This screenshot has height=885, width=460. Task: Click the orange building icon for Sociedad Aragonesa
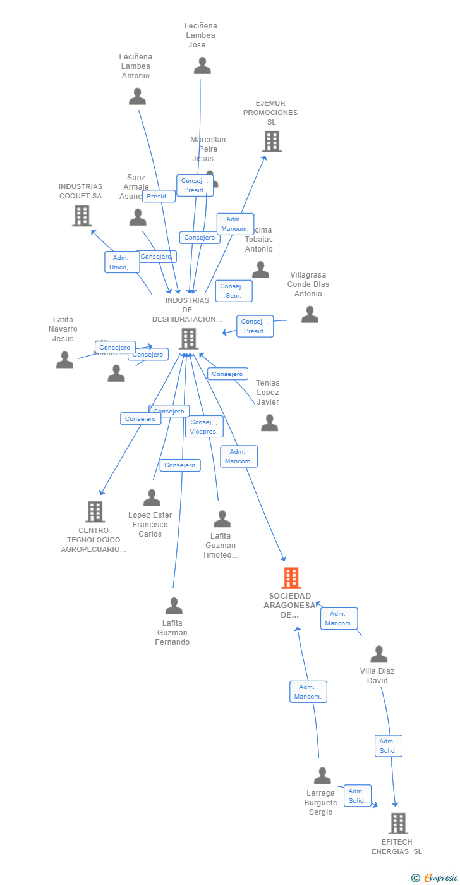[291, 578]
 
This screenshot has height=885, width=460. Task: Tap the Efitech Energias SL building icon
[397, 823]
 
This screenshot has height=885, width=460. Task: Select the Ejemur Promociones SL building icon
[272, 142]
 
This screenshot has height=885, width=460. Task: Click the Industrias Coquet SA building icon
[82, 216]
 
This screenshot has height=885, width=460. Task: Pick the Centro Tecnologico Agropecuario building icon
[95, 511]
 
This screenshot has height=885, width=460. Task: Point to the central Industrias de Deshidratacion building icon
[188, 339]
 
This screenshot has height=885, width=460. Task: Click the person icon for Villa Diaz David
[378, 654]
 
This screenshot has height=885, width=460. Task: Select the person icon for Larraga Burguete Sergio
[322, 776]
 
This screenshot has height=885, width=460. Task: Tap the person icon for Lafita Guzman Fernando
[174, 606]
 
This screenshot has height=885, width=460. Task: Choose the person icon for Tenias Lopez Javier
[269, 423]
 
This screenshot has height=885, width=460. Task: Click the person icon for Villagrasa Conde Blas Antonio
[310, 314]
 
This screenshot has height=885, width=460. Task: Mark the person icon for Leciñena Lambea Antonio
[137, 97]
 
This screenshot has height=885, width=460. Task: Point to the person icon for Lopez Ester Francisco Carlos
[152, 497]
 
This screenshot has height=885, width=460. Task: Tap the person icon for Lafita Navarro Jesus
[64, 360]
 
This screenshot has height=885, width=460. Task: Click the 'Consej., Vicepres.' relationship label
[204, 427]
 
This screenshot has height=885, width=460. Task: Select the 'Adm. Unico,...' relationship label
[122, 262]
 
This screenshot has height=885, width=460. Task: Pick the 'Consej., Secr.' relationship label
[234, 291]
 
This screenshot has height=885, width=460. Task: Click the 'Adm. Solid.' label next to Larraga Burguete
[357, 796]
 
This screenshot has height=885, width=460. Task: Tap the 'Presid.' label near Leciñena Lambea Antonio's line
[159, 196]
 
